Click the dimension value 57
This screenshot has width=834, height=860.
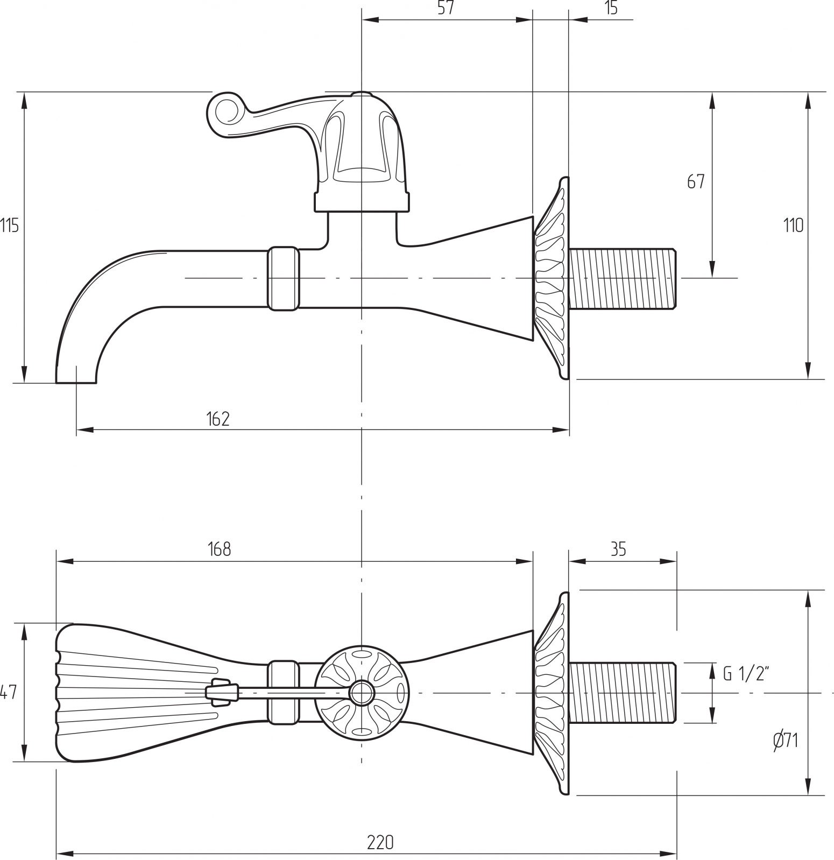(446, 8)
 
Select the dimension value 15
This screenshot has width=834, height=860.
(611, 8)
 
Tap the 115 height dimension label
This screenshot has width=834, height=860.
(9, 226)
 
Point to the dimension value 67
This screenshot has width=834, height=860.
(695, 182)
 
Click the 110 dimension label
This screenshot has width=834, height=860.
(793, 225)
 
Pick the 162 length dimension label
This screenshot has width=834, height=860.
(218, 419)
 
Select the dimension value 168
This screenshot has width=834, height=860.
(220, 549)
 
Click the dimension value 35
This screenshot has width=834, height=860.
(618, 549)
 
